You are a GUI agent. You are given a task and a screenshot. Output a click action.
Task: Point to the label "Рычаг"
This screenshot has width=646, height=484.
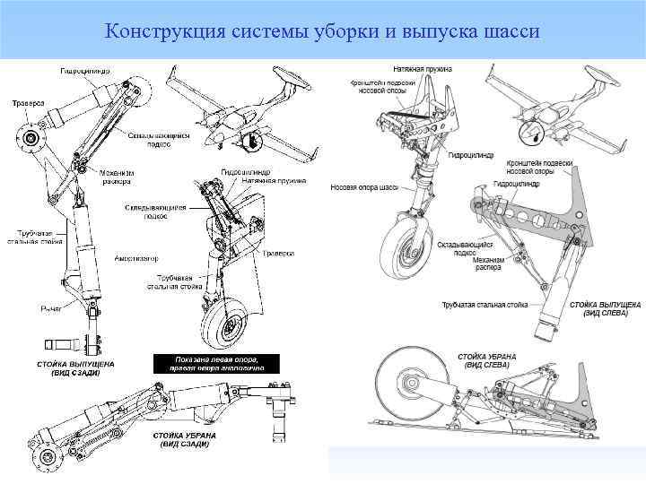point(50,308)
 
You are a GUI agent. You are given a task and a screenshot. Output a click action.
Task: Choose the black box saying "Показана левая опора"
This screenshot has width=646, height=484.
point(215,363)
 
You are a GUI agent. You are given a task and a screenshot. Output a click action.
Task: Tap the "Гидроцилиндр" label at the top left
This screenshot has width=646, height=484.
point(85,70)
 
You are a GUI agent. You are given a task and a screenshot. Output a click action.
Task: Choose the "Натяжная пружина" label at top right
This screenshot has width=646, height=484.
point(423,68)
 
